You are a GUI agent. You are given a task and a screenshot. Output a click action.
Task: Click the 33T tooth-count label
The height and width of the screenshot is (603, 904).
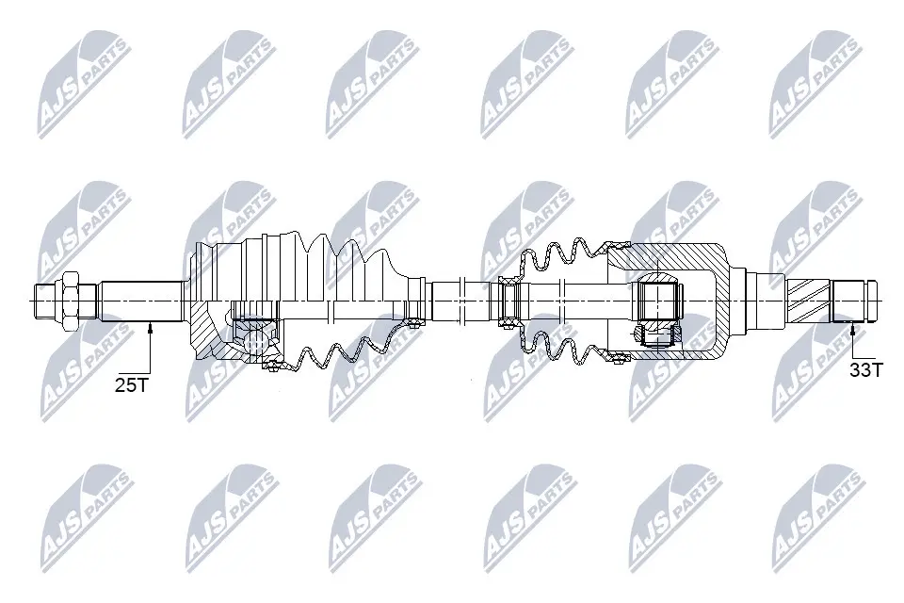[x=865, y=368]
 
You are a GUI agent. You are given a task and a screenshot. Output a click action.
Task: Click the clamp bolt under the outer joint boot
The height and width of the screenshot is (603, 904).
[x=271, y=366]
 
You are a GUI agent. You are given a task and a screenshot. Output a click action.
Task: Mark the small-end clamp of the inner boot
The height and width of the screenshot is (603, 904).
[x=508, y=301]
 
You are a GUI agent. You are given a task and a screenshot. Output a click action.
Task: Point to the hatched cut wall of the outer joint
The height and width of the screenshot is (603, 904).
[x=204, y=330]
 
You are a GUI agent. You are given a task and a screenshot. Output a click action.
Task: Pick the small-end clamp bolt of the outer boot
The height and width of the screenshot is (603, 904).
[x=412, y=324]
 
